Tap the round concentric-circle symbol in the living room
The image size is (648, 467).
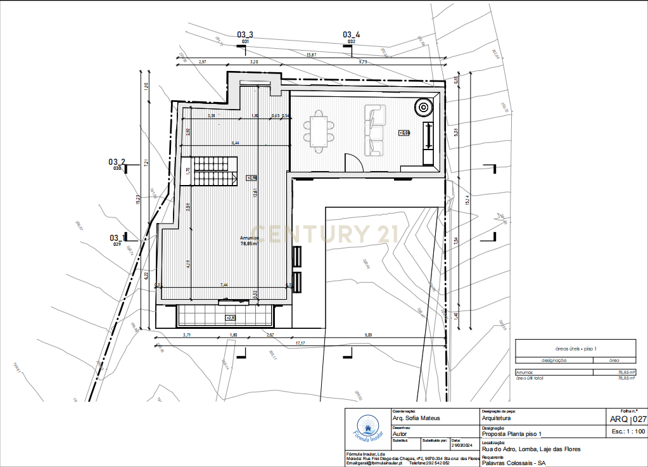422,108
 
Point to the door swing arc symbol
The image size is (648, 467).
353,163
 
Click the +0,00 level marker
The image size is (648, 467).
405,132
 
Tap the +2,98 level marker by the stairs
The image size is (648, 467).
251,178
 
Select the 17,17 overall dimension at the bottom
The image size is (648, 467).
301,343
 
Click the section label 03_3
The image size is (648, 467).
245,35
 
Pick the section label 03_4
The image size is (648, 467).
352,35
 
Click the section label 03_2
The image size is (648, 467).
117,162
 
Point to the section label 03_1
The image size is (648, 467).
117,238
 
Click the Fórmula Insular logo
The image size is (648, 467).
367,428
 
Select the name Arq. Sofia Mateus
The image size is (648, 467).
416,418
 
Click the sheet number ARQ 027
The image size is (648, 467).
628,419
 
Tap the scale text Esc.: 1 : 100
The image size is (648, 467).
628,431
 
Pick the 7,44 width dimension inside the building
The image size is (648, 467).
224,285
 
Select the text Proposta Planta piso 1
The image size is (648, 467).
512,434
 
